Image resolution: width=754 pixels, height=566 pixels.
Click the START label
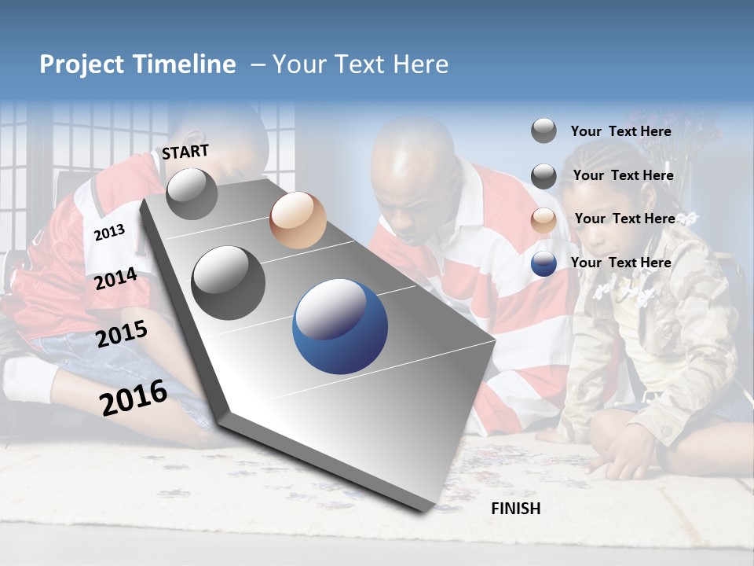coord(185,152)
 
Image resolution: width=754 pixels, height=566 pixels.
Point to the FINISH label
coord(515,509)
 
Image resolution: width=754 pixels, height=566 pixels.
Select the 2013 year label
coord(109,233)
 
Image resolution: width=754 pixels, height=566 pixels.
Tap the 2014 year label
coord(115,279)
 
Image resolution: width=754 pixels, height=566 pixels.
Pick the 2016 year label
coord(133,397)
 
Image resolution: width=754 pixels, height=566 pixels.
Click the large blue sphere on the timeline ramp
coord(339,326)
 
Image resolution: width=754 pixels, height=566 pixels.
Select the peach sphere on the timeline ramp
coord(298,220)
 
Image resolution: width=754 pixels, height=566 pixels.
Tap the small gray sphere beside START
coord(192,193)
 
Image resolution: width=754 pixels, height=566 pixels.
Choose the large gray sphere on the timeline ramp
coord(228,282)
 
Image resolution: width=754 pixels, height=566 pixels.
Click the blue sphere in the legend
coord(544,263)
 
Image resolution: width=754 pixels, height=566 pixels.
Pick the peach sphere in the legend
coord(544,220)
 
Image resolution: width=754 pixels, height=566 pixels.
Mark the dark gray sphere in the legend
coord(544,176)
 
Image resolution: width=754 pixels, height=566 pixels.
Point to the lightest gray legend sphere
coord(544,130)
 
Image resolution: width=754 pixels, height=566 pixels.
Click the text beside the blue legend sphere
coord(620,263)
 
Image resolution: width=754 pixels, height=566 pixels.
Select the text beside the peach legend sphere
coord(624,219)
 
